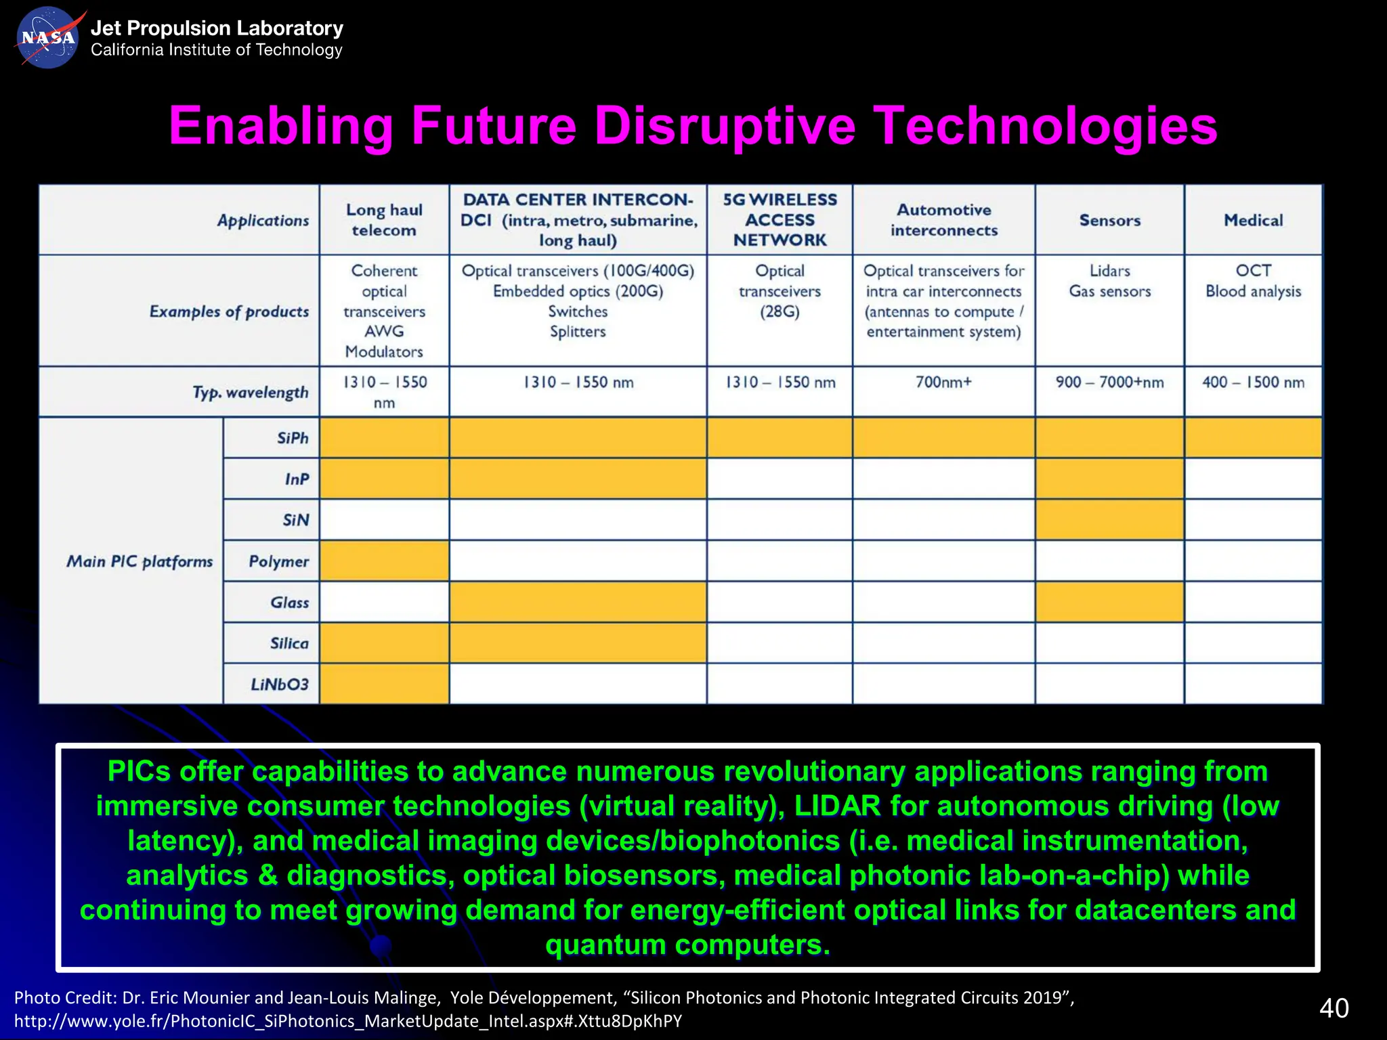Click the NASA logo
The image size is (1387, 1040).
tap(47, 37)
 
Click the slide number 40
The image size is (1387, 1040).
tap(1333, 1008)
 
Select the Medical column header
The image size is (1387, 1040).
tap(1253, 220)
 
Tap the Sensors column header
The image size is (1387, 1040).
tap(1109, 220)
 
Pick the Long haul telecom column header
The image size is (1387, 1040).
tap(384, 220)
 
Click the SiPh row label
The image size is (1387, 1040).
tap(293, 438)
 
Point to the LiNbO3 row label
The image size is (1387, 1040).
tap(279, 684)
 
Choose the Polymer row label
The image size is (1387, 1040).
tap(278, 561)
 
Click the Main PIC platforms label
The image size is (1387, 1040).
tap(140, 561)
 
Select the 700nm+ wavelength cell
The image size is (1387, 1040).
tap(943, 383)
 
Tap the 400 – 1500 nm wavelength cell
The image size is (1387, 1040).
tap(1253, 383)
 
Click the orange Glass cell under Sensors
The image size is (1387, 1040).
tap(1109, 602)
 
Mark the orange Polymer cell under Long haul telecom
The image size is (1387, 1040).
tap(384, 561)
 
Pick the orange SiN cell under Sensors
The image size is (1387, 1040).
tap(1109, 520)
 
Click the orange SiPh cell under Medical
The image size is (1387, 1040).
tap(1253, 438)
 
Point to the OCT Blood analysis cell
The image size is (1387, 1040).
tap(1253, 281)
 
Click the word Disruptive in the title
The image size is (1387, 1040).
tap(725, 127)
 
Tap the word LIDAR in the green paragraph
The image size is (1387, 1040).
tap(837, 806)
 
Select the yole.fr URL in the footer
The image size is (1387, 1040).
tap(347, 1021)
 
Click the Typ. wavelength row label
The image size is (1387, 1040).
tap(250, 393)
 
